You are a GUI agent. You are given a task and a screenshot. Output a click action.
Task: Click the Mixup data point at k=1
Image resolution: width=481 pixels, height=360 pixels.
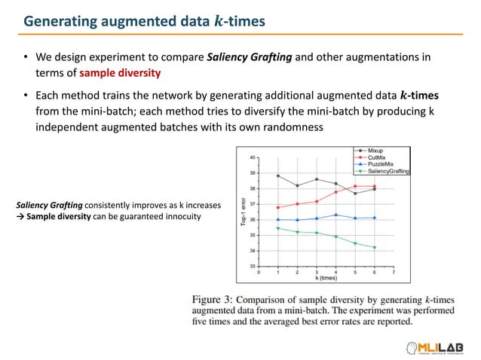(278, 175)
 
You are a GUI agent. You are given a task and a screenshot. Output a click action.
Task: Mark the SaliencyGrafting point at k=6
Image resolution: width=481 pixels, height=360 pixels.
(375, 248)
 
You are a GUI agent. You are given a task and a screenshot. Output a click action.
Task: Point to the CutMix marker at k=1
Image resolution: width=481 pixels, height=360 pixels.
(278, 207)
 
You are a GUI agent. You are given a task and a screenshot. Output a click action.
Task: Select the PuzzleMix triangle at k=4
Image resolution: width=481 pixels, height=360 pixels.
(335, 215)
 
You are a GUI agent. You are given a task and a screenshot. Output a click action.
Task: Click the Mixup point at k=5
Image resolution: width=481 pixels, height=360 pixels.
(355, 194)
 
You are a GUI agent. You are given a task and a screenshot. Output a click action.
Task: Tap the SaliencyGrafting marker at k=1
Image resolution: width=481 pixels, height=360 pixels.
(278, 228)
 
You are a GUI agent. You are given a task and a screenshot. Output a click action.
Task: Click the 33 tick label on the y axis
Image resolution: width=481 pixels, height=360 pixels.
(252, 267)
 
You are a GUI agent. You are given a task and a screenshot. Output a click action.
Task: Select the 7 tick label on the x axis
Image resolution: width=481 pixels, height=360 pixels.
(394, 272)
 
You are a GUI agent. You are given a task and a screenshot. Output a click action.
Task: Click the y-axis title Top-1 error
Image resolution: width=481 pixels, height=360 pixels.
(242, 212)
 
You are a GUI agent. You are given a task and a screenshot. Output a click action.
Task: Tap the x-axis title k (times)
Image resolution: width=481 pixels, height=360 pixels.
(326, 278)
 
